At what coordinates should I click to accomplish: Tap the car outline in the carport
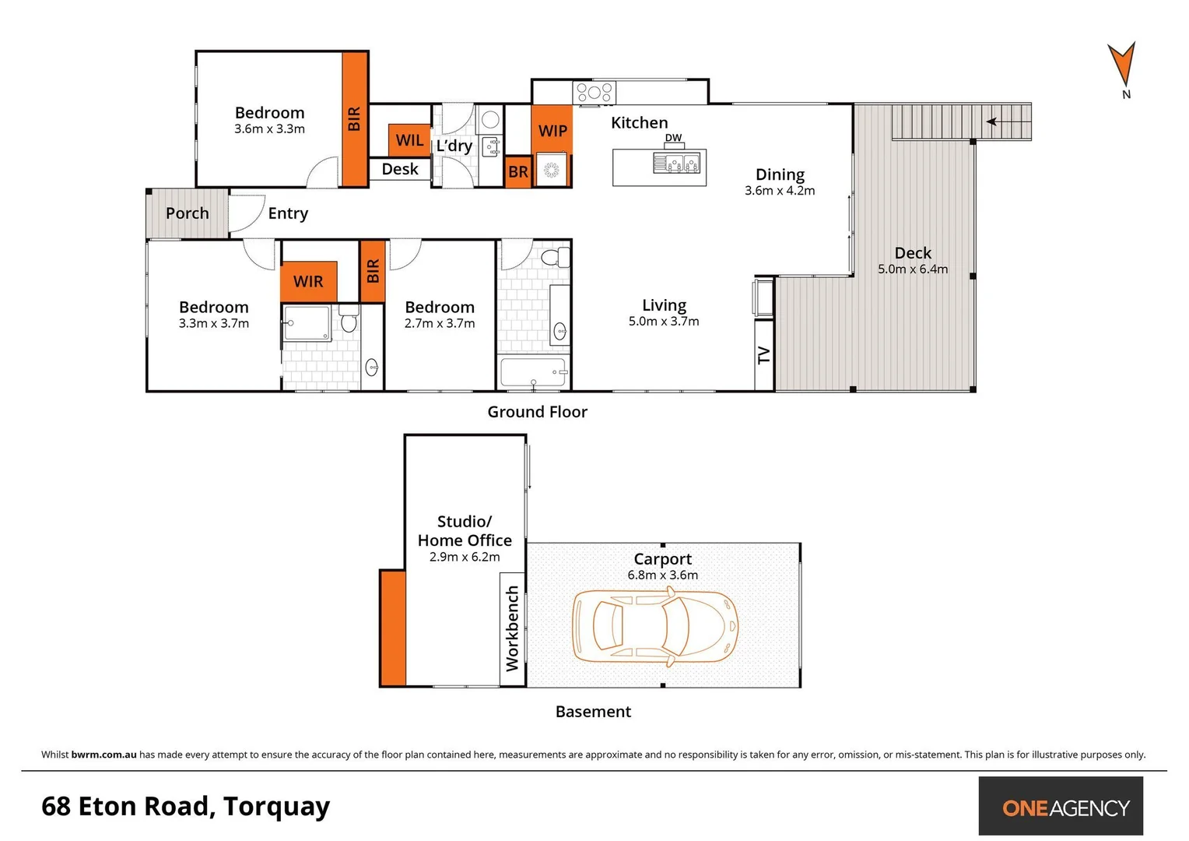click(655, 626)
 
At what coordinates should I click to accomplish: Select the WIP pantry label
click(552, 131)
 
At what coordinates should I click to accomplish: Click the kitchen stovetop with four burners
click(594, 93)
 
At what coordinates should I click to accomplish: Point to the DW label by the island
click(673, 138)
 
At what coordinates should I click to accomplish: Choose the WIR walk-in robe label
click(308, 281)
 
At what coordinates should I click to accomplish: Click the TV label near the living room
click(764, 355)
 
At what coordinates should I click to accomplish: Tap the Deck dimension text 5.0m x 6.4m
click(913, 269)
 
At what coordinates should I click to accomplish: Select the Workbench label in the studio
click(512, 628)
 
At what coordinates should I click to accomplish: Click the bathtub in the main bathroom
click(533, 372)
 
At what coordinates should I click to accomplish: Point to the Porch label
click(187, 213)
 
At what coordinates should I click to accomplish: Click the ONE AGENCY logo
click(1061, 807)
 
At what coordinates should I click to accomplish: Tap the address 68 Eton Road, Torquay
click(185, 806)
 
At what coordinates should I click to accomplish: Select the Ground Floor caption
click(537, 412)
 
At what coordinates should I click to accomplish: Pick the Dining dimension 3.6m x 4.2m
click(780, 191)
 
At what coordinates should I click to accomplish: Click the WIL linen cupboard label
click(409, 140)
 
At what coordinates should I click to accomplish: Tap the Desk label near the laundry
click(400, 169)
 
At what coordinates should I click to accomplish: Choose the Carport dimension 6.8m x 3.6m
click(662, 575)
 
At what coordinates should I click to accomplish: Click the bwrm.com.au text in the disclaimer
click(103, 755)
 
